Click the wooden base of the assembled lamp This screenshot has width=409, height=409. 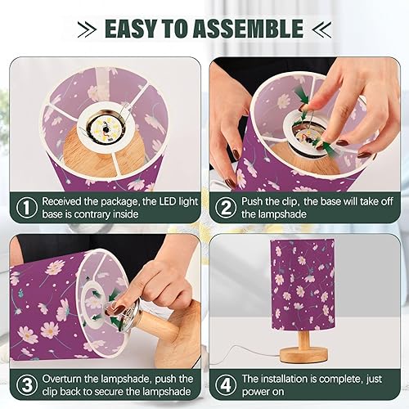click(307, 348)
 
